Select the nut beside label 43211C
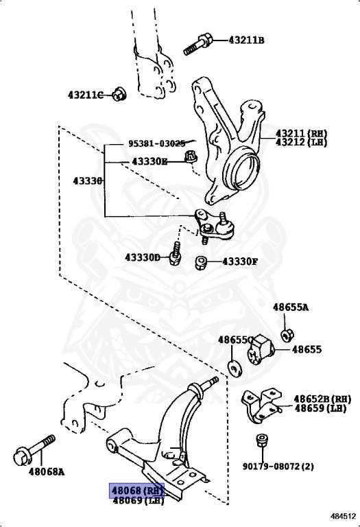tap(119, 94)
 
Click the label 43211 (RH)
tap(302, 133)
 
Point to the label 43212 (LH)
tap(302, 142)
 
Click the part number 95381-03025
tap(156, 143)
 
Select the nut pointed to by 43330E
tap(192, 159)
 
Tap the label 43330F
tap(239, 261)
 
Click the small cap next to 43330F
tap(201, 261)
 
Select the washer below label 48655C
tap(235, 367)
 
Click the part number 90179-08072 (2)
tap(278, 467)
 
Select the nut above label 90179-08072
tap(261, 440)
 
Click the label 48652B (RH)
tap(322, 399)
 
